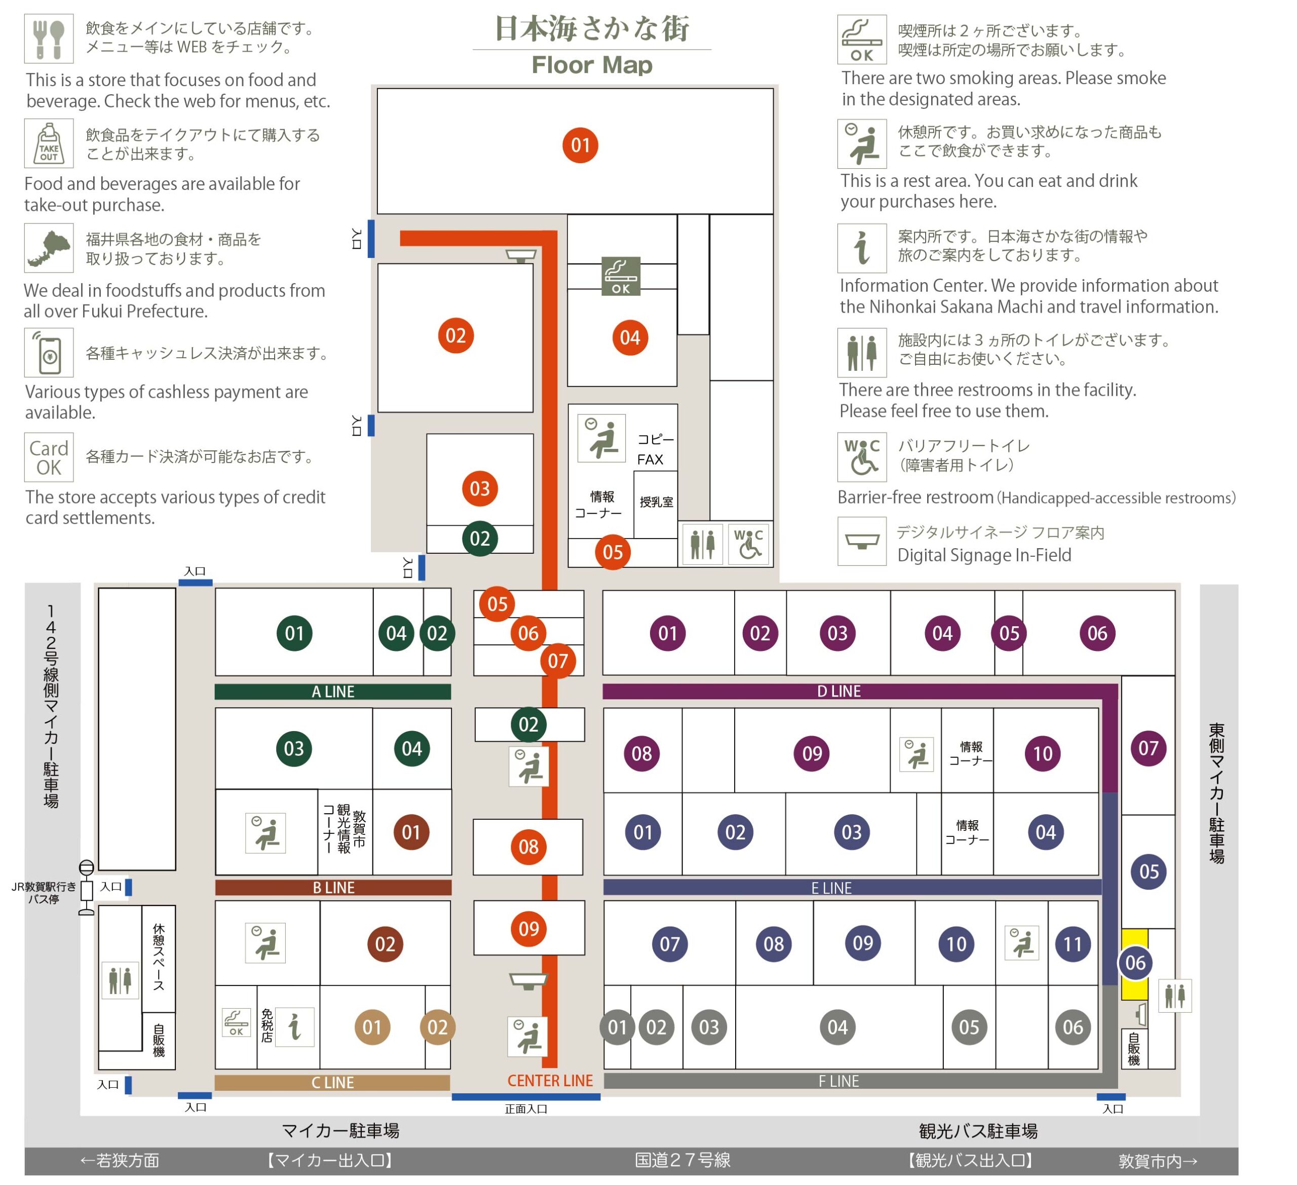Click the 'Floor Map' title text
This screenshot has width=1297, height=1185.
[592, 65]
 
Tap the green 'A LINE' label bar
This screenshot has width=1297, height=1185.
[333, 692]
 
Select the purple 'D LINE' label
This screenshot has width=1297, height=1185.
[839, 691]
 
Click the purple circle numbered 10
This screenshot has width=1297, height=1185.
[1043, 753]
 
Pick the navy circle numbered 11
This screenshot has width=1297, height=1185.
[1073, 944]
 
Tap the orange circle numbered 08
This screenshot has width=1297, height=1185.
[528, 847]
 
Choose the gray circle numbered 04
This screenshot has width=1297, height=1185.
[837, 1027]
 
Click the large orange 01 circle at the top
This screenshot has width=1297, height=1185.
[580, 145]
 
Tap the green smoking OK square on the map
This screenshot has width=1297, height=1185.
[621, 276]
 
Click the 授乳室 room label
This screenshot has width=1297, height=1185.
[656, 502]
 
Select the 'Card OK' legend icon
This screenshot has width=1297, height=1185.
[49, 457]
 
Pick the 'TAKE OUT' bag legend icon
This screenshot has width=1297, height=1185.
[49, 143]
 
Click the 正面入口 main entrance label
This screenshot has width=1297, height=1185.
[526, 1108]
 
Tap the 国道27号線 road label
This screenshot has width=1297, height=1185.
[682, 1160]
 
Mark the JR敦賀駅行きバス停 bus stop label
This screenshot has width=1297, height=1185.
[44, 893]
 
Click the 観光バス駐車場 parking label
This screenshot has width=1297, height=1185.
[978, 1131]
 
